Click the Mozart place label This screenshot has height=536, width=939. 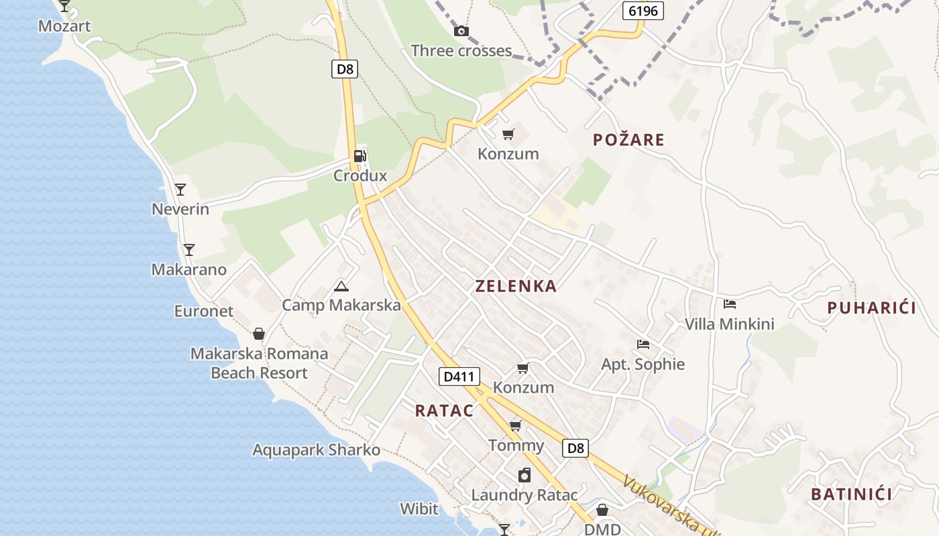64,26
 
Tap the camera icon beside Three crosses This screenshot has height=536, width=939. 461,31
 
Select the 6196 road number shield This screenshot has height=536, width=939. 643,11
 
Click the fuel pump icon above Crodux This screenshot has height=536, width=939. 360,156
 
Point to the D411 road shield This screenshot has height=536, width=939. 460,377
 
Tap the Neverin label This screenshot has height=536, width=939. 180,209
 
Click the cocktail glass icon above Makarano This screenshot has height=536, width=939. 189,250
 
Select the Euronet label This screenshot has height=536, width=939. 204,311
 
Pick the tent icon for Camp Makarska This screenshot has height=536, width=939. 341,287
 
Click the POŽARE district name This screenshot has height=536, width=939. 628,140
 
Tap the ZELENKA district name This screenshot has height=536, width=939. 516,286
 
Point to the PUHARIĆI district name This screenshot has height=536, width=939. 871,308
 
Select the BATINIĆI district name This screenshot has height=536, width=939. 851,494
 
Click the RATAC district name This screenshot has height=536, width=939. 444,411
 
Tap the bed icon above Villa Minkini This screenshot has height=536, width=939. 730,304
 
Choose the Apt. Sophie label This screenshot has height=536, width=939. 643,364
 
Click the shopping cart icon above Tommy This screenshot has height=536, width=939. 516,426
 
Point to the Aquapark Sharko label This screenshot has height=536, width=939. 316,450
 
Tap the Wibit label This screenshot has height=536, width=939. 419,509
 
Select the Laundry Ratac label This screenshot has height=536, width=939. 524,495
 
